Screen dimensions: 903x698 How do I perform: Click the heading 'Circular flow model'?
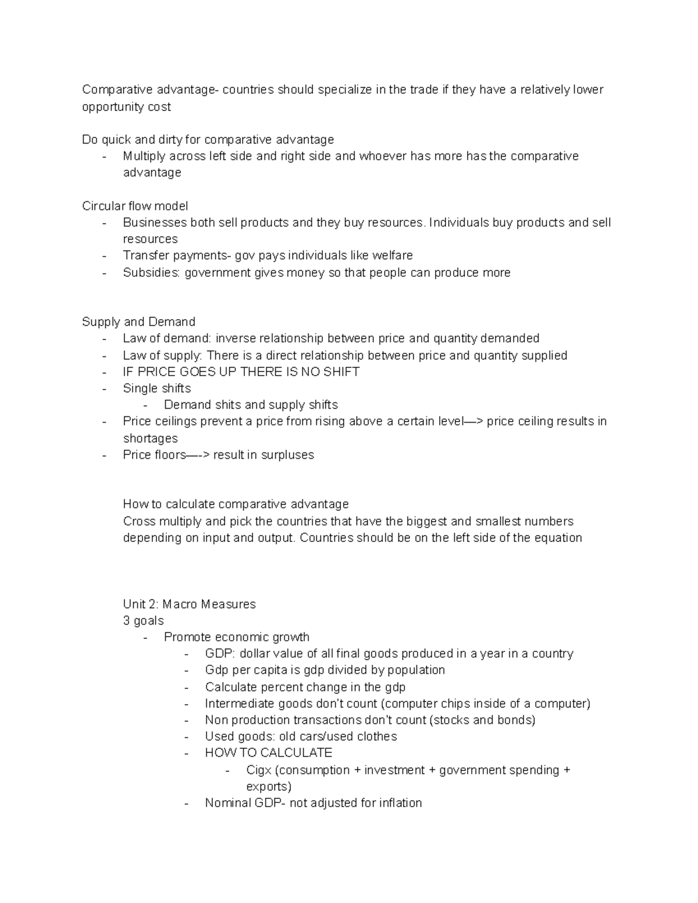(x=134, y=206)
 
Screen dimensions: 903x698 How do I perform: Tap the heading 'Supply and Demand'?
(x=138, y=322)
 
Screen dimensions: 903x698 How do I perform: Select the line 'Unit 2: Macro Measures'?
(x=189, y=604)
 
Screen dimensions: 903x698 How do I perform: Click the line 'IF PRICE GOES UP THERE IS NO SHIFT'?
(x=241, y=372)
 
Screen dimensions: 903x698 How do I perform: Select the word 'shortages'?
(x=150, y=438)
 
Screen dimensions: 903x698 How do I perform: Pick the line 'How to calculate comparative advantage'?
(x=236, y=504)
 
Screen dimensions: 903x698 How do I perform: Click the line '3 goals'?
(x=143, y=620)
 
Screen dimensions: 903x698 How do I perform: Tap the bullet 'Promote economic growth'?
(x=236, y=637)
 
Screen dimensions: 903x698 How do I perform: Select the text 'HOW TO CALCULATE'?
(x=268, y=753)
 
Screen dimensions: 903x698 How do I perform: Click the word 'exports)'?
(x=268, y=787)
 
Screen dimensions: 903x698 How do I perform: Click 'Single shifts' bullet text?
(x=156, y=388)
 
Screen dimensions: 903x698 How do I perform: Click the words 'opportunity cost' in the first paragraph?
(x=126, y=107)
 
